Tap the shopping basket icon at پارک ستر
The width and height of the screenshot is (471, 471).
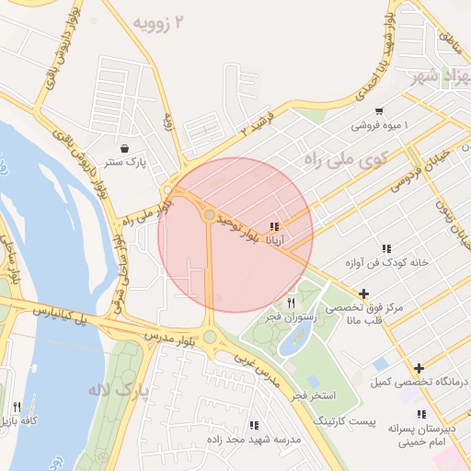pyautogui.click(x=124, y=147)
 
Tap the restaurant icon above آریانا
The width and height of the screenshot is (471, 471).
pyautogui.click(x=274, y=226)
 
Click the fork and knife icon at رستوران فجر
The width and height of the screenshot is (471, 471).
pyautogui.click(x=292, y=302)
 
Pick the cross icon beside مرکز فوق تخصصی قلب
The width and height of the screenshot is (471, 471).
pyautogui.click(x=365, y=294)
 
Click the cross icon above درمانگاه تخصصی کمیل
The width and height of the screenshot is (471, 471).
pyautogui.click(x=419, y=367)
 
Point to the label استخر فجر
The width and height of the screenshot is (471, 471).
pyautogui.click(x=311, y=395)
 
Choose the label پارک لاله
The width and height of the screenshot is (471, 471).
pyautogui.click(x=118, y=391)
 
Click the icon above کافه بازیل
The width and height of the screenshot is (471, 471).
pyautogui.click(x=17, y=407)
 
